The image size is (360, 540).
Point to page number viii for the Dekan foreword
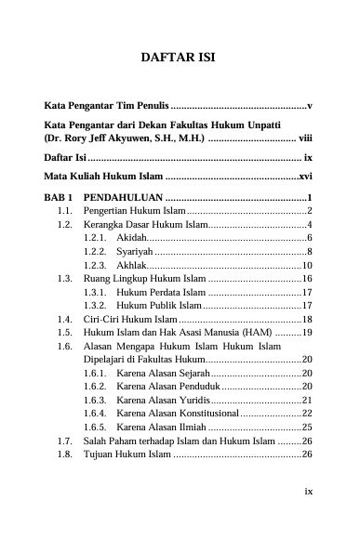(303, 138)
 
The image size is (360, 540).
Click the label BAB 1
(59, 198)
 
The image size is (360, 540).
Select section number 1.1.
(65, 212)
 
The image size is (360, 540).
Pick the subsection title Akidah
(135, 239)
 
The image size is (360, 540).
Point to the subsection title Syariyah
(136, 252)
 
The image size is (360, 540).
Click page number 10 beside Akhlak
(306, 265)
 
